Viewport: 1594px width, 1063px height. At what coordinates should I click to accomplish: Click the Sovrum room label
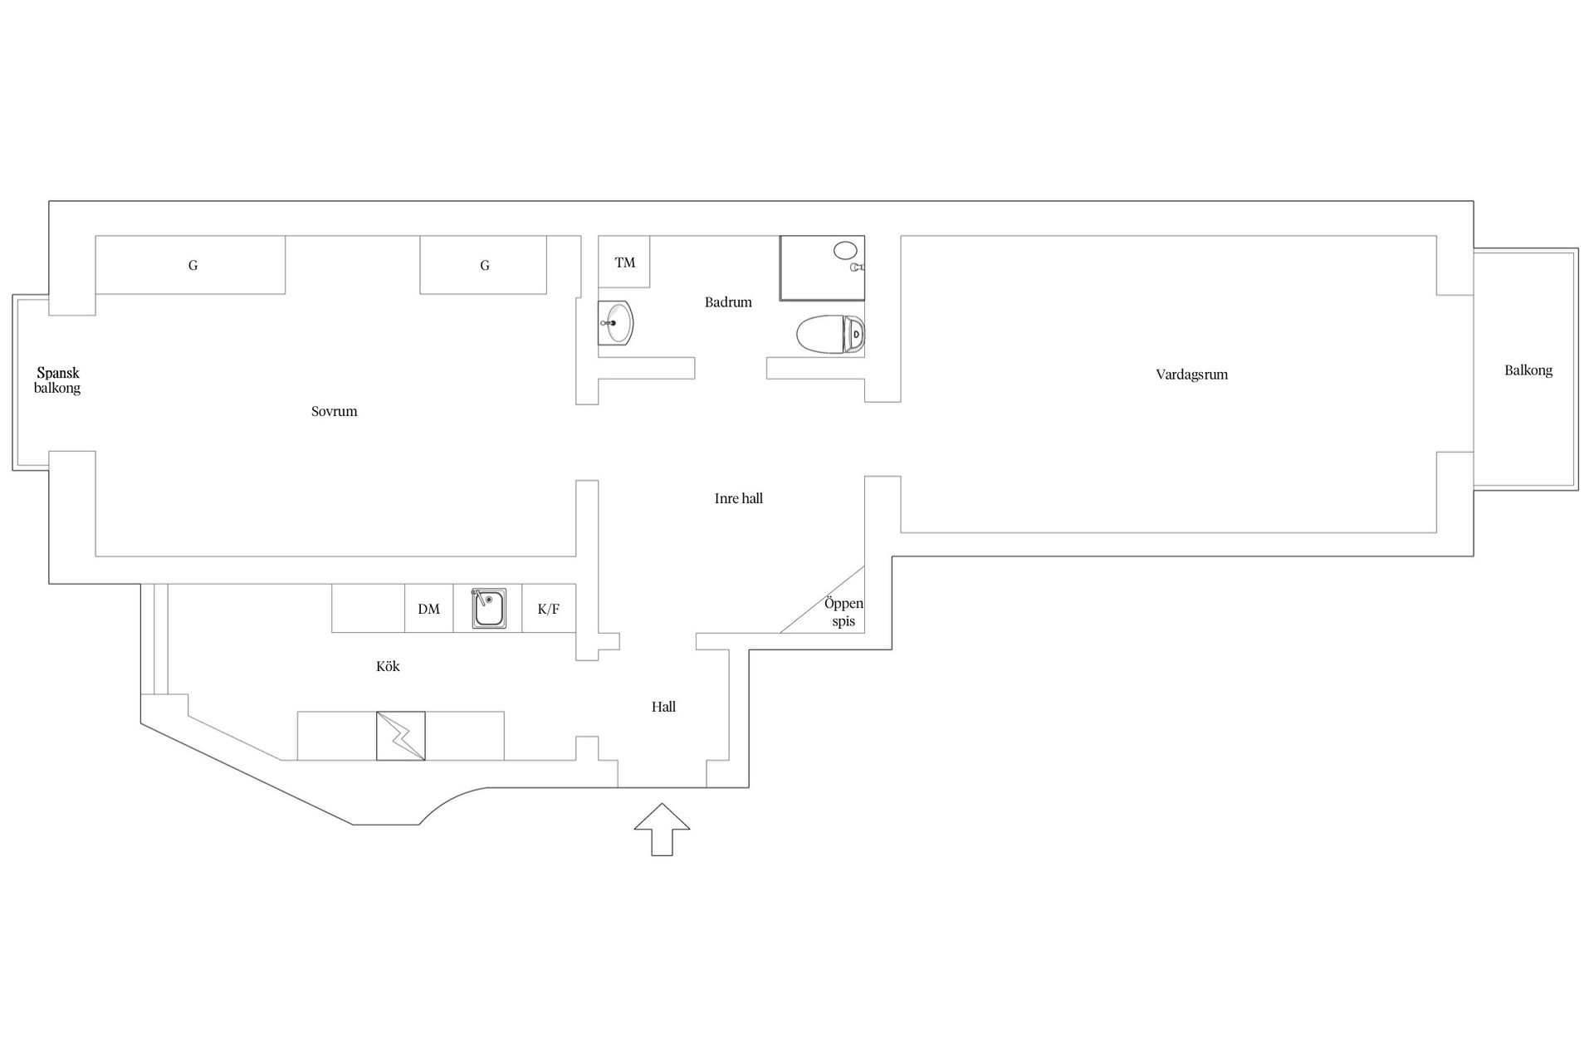(334, 411)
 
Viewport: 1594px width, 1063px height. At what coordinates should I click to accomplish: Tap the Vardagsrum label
(1191, 375)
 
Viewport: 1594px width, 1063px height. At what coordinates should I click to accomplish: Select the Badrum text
(728, 302)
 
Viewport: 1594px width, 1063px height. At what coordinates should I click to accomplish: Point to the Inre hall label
(738, 498)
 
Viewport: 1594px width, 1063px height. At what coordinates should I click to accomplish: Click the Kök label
(388, 666)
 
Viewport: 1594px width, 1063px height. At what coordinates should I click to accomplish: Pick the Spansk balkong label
(57, 380)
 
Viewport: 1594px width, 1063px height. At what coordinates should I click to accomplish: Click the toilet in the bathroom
(830, 335)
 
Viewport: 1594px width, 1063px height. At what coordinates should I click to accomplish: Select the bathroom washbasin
(616, 322)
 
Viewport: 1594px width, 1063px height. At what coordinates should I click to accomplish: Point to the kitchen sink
(489, 609)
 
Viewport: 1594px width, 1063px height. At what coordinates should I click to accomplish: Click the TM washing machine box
(624, 262)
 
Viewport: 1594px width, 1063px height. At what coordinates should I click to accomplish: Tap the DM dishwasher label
(428, 610)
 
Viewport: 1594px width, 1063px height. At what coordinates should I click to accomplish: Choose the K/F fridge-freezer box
(549, 610)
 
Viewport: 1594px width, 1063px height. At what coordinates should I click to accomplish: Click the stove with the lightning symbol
(400, 736)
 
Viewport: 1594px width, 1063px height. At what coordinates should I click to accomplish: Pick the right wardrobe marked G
(483, 265)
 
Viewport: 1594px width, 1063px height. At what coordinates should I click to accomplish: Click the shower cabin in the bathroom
(822, 267)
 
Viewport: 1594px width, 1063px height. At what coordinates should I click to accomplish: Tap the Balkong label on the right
(1528, 370)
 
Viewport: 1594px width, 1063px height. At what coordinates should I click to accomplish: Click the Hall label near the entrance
(663, 707)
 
